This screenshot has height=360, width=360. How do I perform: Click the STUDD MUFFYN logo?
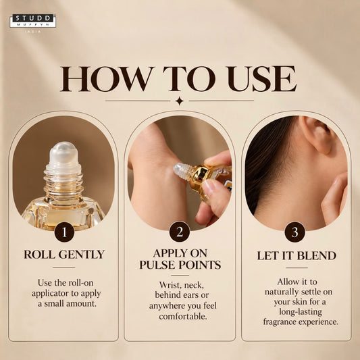(33, 21)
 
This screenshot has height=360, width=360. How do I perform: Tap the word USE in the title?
(262, 79)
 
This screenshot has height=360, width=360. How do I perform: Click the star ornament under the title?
(179, 101)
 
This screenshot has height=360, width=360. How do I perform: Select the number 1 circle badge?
(64, 232)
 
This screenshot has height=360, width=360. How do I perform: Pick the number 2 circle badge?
(180, 232)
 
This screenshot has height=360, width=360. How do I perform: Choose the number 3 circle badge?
(294, 232)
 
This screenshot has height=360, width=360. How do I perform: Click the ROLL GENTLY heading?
(64, 255)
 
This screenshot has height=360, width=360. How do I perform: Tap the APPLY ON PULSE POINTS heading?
(180, 259)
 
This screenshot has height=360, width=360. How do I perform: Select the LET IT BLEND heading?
(297, 255)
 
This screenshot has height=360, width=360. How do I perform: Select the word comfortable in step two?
(183, 316)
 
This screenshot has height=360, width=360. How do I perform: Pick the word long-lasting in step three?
(301, 312)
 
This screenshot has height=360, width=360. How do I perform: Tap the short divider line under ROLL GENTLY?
(63, 267)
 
